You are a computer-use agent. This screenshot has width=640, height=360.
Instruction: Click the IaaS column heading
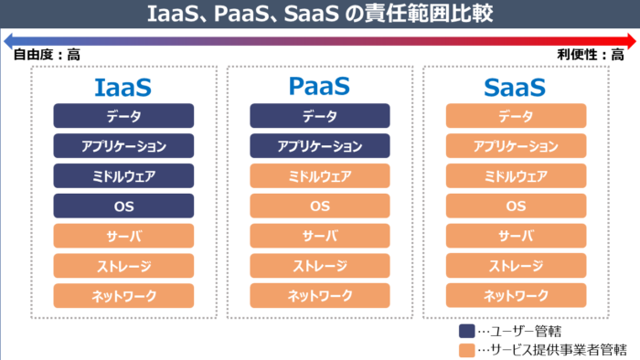123,88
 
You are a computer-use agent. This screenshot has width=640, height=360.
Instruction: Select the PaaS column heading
319,88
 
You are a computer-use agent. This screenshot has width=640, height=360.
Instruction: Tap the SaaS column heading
516,88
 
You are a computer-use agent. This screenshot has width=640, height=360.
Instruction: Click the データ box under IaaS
123,116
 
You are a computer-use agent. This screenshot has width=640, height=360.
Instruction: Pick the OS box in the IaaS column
123,206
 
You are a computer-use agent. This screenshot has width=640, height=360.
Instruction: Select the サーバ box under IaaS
123,236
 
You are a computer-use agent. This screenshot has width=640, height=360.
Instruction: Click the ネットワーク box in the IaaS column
123,295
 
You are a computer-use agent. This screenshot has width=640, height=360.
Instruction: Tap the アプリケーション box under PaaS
319,146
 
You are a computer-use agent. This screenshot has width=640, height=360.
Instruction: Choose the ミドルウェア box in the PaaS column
319,176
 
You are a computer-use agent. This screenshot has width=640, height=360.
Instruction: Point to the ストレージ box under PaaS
319,266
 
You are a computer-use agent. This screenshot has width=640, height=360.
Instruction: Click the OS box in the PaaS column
319,206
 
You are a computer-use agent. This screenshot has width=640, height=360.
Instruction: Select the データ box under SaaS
516,116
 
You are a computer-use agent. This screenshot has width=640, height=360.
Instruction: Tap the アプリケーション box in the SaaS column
516,146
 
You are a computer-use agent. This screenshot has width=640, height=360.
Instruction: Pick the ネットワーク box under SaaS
516,295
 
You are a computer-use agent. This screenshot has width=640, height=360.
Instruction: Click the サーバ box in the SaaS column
516,236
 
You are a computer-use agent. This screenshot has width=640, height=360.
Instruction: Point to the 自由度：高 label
46,55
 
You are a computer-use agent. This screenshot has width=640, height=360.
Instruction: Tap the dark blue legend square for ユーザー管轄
465,330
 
